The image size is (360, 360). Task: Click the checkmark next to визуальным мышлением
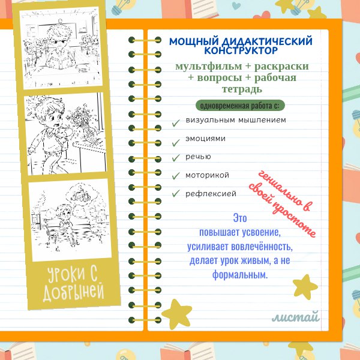pyautogui.click(x=176, y=122)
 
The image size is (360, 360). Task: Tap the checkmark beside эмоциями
pyautogui.click(x=176, y=142)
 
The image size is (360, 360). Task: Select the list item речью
pyautogui.click(x=198, y=157)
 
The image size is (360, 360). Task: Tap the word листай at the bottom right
pyautogui.click(x=295, y=317)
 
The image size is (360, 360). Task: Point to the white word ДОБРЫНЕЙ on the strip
pyautogui.click(x=74, y=293)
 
